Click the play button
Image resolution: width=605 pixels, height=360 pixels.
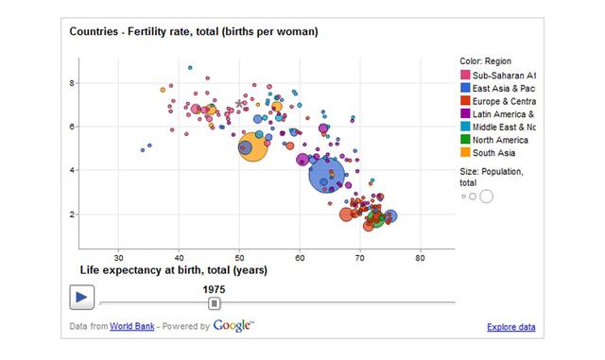click(x=81, y=297)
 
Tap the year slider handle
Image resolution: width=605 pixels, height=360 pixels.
click(x=215, y=302)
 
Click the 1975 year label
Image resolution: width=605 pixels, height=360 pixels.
click(x=215, y=289)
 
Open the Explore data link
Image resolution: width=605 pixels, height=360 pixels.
click(x=511, y=327)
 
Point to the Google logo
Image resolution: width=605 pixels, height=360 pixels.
click(x=233, y=326)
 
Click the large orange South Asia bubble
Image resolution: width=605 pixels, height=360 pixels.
click(x=252, y=147)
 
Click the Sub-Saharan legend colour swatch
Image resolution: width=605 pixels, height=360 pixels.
click(x=465, y=75)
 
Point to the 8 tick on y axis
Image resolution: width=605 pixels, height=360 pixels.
click(x=71, y=82)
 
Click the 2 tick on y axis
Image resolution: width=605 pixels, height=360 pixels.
click(x=71, y=214)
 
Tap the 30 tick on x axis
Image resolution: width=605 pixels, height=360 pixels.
click(x=119, y=257)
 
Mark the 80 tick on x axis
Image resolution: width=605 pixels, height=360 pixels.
click(x=421, y=257)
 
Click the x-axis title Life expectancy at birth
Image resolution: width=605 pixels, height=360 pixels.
click(x=173, y=270)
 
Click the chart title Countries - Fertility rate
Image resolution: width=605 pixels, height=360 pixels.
click(x=194, y=31)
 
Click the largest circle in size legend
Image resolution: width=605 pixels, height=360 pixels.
click(x=486, y=197)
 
